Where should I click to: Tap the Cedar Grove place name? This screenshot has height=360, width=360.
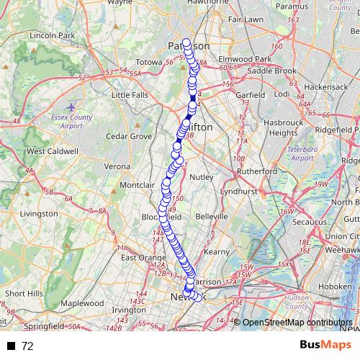129,135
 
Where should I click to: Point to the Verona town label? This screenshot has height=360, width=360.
117,166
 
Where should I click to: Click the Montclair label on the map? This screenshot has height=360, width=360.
137,185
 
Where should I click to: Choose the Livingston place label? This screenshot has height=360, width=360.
39,214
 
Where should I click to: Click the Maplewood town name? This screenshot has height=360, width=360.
83,303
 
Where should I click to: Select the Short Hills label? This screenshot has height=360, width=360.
24,293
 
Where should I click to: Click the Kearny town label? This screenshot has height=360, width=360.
216,251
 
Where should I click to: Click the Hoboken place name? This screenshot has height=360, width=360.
336,287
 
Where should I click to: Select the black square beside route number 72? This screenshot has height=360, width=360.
11,346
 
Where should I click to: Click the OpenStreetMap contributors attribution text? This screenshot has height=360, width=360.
297,323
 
